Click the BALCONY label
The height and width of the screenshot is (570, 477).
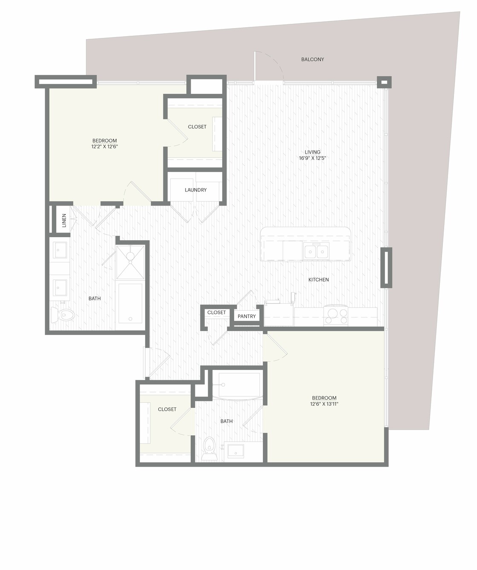312,59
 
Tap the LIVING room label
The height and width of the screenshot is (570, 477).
312,152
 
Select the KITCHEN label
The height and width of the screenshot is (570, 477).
318,279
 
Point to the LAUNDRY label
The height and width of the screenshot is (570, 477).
195,190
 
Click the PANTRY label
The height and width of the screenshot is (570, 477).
247,316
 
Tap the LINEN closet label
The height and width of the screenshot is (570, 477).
64,220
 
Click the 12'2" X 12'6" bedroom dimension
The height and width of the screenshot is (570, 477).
105,147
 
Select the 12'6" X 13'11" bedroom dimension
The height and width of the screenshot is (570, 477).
324,404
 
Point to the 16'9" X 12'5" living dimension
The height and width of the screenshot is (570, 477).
312,158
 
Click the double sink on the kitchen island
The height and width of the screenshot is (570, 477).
316,250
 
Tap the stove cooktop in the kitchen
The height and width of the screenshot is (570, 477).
336,315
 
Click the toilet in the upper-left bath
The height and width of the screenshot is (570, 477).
63,315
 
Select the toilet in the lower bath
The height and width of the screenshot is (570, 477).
209,448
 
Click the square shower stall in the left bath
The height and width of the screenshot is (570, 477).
130,262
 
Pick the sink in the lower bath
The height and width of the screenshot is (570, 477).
236,451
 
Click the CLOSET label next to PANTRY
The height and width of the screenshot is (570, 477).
216,312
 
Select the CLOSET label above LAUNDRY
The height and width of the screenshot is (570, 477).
197,127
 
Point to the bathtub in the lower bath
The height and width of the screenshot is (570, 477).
236,385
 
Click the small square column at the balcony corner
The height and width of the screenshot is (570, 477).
384,82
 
